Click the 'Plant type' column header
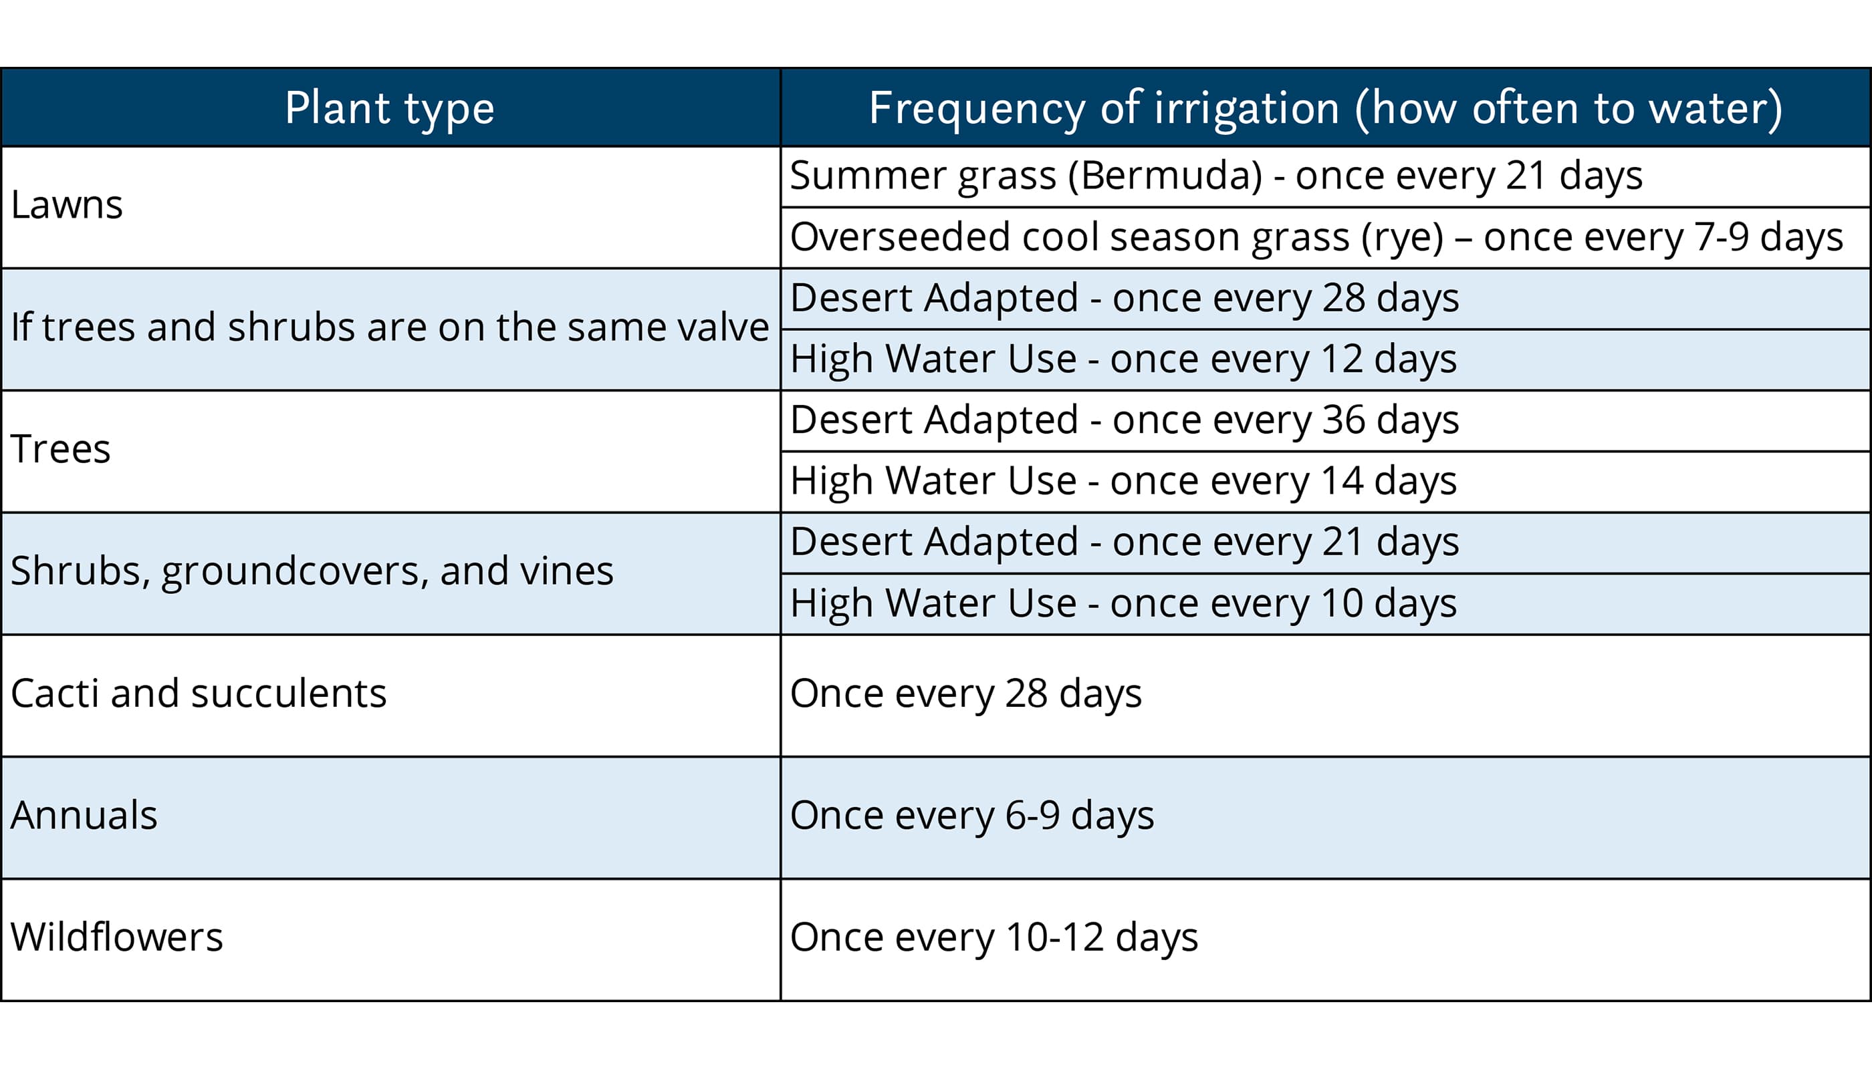(x=390, y=109)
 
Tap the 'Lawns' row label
(x=67, y=205)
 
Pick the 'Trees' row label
(x=61, y=450)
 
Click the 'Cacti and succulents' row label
(x=199, y=693)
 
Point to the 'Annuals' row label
(x=84, y=815)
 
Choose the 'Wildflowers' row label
(x=117, y=937)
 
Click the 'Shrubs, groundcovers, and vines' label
(x=312, y=571)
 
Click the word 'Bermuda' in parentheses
(x=1165, y=176)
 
